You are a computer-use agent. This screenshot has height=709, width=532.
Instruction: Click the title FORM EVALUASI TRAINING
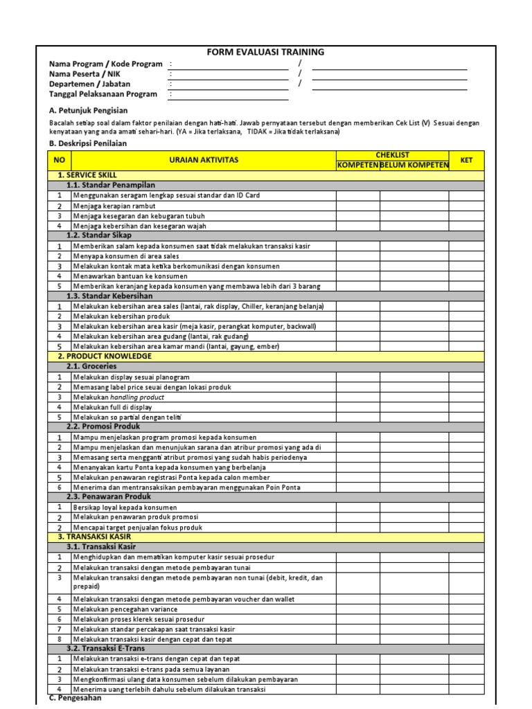pos(266,52)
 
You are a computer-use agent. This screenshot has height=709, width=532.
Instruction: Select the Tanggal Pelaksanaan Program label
pos(103,94)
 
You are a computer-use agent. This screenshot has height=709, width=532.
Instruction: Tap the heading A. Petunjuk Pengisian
pos(88,110)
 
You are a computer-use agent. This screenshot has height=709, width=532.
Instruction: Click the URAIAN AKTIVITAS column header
pos(204,160)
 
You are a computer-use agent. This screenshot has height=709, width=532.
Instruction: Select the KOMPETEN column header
pos(357,165)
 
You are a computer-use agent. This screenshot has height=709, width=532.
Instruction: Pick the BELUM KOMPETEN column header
pos(414,165)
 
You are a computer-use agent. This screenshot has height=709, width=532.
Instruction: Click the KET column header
pos(466,160)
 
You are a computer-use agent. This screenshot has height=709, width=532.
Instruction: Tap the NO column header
pos(60,160)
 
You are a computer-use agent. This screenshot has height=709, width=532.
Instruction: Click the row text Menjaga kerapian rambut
pos(116,206)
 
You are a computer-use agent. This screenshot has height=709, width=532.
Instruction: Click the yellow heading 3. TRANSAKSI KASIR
pos(94,537)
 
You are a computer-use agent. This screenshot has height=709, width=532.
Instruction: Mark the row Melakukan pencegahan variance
pos(125,609)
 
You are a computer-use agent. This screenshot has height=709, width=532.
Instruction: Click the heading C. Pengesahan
pos(76,698)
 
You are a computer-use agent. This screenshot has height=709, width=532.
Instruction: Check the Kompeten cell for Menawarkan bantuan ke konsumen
pos(357,276)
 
